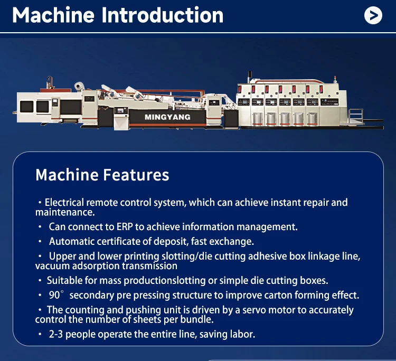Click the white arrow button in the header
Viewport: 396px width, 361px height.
(373, 15)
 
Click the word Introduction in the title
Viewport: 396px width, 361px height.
(163, 15)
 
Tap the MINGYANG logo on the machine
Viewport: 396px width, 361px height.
(167, 117)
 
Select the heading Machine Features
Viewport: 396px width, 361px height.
(102, 175)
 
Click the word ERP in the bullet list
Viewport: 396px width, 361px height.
(125, 227)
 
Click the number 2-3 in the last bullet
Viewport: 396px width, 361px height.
(55, 334)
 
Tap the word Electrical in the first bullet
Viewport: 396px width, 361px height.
(64, 203)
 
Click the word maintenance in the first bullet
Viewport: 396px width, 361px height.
(65, 212)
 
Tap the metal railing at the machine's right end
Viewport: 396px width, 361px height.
(356, 116)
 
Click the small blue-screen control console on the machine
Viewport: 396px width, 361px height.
(121, 111)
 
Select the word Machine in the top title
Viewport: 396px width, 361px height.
(53, 15)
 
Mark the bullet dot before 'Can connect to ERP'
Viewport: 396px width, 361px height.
(40, 227)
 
